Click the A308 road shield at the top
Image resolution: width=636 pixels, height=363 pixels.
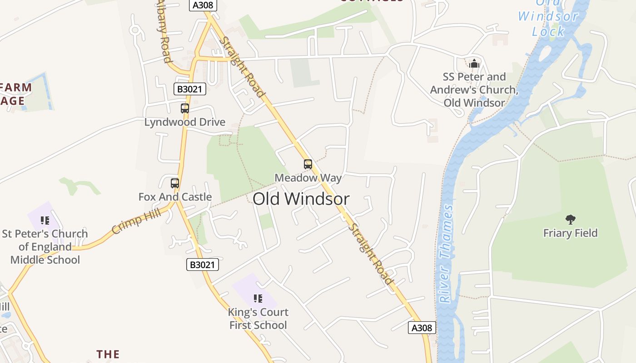point(203,5)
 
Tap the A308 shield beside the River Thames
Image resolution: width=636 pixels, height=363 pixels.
point(422,328)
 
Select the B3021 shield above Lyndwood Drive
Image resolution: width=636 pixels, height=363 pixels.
point(190,89)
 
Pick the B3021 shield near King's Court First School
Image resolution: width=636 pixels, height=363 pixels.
point(203,265)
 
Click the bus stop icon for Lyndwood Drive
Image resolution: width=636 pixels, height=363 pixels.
point(185,108)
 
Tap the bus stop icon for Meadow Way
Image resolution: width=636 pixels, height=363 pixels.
point(308,164)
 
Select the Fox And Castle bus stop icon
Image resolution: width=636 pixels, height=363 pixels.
point(175,183)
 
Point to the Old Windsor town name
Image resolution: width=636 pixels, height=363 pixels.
point(301,199)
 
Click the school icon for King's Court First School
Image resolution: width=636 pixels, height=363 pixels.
point(258,299)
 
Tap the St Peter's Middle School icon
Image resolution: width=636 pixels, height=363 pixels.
point(45,221)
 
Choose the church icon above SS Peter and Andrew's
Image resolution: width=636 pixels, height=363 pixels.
point(474,64)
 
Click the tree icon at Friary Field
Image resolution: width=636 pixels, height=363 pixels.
point(571,220)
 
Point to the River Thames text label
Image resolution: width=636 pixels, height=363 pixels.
point(446,254)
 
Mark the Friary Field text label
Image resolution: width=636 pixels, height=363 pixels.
point(571,233)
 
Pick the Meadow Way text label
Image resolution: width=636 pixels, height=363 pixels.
point(308,178)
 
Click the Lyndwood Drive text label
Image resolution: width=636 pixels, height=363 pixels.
point(185,122)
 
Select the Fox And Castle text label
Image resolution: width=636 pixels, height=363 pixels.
point(175,197)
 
